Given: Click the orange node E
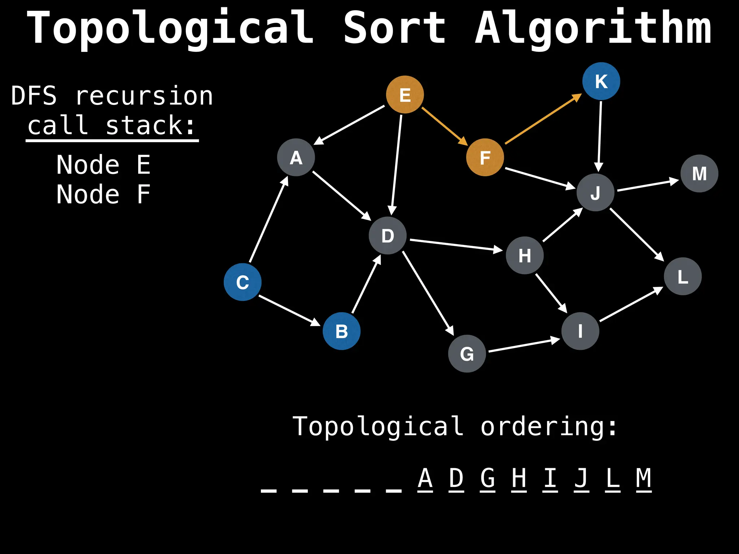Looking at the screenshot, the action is pyautogui.click(x=405, y=95).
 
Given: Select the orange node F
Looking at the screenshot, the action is pyautogui.click(x=485, y=158).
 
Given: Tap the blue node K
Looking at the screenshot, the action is pyautogui.click(x=601, y=81).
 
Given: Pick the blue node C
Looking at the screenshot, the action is pyautogui.click(x=242, y=282).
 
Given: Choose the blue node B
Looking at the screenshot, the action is pyautogui.click(x=341, y=331).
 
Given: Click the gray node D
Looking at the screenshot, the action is pyautogui.click(x=388, y=236).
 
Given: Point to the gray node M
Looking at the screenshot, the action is pyautogui.click(x=699, y=173).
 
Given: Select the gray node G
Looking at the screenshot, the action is pyautogui.click(x=467, y=354).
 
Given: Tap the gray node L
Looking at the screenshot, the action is pyautogui.click(x=682, y=277).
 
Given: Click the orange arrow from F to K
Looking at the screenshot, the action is pyautogui.click(x=543, y=119).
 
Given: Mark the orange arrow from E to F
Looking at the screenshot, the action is pyautogui.click(x=444, y=126).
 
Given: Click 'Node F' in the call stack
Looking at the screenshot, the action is pyautogui.click(x=103, y=194).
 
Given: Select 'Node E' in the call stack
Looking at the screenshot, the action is pyautogui.click(x=103, y=165).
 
